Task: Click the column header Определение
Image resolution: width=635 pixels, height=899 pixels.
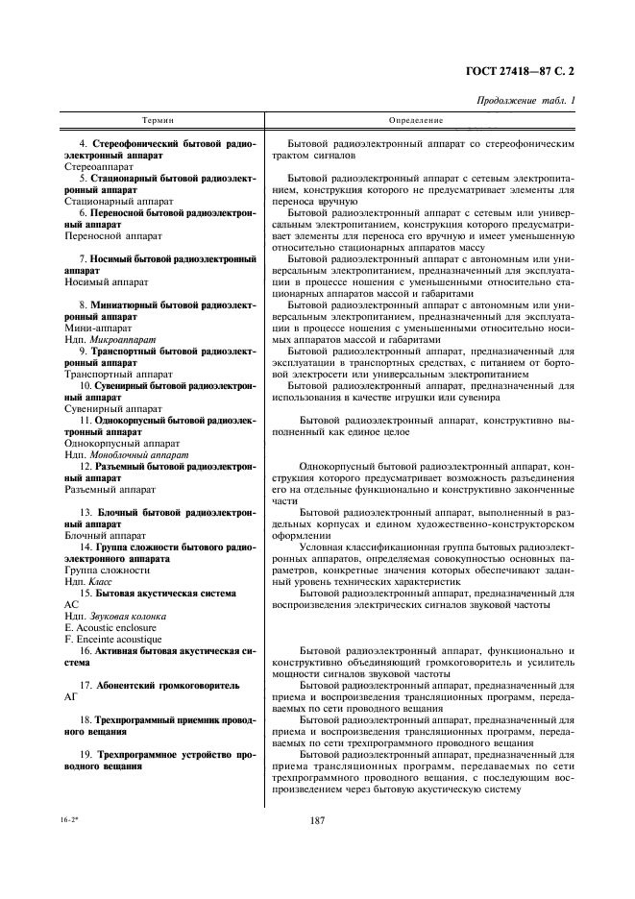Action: (416, 121)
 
